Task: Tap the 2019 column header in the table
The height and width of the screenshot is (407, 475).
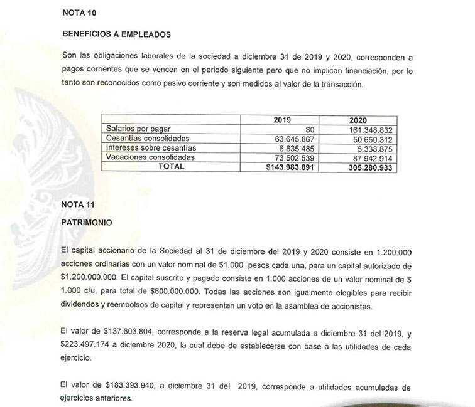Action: [x=287, y=119]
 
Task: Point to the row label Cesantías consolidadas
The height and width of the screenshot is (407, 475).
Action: [x=149, y=138]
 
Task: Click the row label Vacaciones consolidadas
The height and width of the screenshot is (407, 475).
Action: [x=151, y=157]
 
